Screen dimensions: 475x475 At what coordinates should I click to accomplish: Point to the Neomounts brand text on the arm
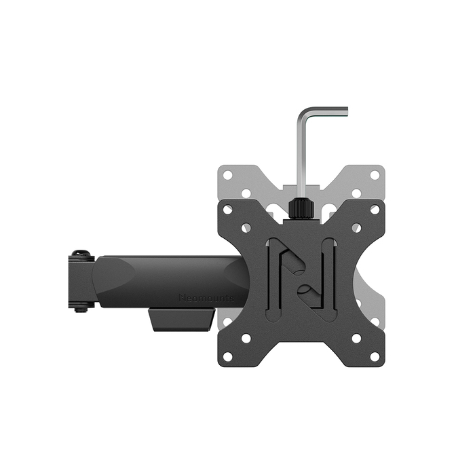206,297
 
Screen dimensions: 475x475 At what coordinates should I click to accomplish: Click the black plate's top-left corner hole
228,210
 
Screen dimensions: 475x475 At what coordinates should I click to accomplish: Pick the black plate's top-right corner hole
375,210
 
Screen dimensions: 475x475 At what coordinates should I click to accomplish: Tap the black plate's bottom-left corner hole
228,356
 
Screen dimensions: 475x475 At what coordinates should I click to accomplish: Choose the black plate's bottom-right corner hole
375,356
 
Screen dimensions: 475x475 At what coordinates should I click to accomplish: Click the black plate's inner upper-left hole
246,228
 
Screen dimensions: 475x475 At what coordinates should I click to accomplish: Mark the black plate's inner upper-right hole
357,228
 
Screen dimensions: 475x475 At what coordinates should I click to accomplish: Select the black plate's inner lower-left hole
246,338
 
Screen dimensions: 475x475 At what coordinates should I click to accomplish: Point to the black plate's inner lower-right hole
357,338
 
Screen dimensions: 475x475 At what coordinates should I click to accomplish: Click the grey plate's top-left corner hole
228,175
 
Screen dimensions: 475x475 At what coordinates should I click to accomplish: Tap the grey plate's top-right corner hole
375,175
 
